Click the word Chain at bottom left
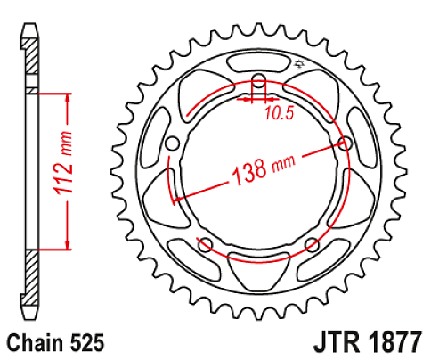click(x=34, y=342)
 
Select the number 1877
click(x=396, y=342)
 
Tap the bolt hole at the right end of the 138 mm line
click(x=346, y=143)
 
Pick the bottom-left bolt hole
click(x=204, y=244)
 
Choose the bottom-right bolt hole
click(x=312, y=244)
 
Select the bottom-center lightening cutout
click(x=257, y=266)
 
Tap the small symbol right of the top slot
click(x=298, y=63)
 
